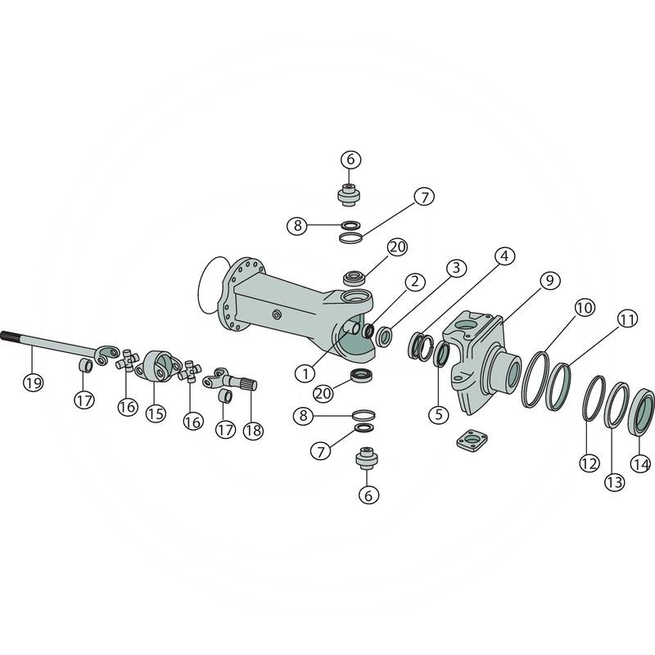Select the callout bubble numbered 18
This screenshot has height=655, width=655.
click(x=253, y=430)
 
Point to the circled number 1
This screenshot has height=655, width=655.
click(x=305, y=373)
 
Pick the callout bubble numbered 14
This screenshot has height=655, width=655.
click(x=641, y=463)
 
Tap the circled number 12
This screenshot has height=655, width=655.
click(x=589, y=463)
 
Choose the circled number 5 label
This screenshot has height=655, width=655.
click(x=439, y=413)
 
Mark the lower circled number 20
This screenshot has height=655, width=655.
click(x=324, y=394)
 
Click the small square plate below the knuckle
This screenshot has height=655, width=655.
click(x=472, y=440)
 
